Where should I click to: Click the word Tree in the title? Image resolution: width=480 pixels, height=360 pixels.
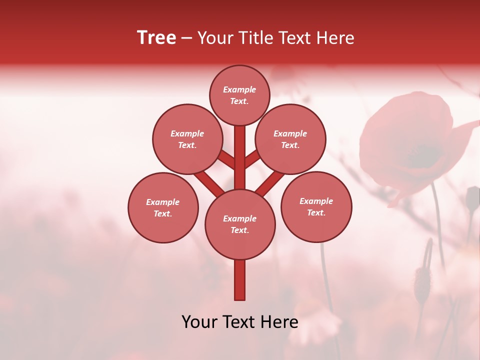click(156, 38)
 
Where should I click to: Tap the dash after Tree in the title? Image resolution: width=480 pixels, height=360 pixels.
click(186, 38)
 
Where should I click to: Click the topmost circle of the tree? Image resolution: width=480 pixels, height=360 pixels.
click(239, 95)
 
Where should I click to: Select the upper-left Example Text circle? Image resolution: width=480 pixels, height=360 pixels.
click(187, 139)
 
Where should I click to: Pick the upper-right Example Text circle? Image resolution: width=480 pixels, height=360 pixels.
click(290, 139)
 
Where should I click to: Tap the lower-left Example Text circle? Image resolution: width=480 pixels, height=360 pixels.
click(162, 207)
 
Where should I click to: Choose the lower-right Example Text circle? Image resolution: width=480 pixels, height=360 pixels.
click(316, 206)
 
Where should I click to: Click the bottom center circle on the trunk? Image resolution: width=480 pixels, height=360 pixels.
click(239, 224)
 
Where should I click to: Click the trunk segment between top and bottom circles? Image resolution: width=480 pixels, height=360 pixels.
click(239, 157)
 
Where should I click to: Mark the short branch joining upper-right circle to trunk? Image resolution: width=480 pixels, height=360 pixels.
click(252, 159)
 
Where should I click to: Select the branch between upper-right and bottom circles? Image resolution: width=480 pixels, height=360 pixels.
click(270, 183)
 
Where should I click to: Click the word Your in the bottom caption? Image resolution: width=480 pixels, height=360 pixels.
click(199, 322)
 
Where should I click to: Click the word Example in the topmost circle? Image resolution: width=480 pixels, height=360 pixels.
click(239, 90)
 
